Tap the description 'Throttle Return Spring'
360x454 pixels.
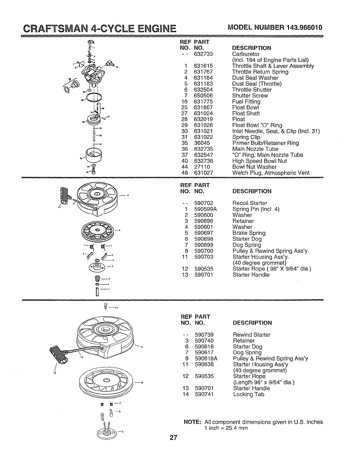pos(260,72)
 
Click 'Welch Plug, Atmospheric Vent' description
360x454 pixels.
pos(271,173)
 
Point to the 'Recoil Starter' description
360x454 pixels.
pos(250,203)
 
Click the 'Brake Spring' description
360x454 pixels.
pos(249,233)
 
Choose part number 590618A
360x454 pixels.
pos(206,358)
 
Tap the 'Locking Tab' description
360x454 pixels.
pos(248,394)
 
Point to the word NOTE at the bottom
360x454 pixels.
pos(192,422)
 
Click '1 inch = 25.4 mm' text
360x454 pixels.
pos(226,428)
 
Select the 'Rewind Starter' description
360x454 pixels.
pos(252,335)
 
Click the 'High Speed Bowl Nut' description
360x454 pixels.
pos(259,161)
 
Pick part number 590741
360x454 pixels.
pos(204,394)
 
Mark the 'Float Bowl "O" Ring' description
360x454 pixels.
pos(257,125)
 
